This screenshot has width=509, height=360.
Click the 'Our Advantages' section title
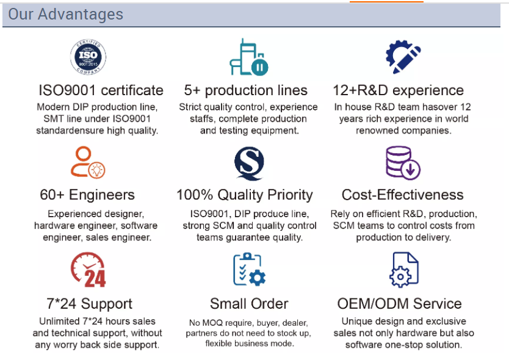[x=65, y=14]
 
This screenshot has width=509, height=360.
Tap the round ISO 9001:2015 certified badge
[x=88, y=57]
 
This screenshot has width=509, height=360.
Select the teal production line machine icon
[x=249, y=57]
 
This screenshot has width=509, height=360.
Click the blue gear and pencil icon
[x=403, y=57]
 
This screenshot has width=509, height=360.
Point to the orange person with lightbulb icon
[x=88, y=162]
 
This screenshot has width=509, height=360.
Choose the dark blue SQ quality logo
[x=249, y=164]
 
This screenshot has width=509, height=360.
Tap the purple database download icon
[x=403, y=163]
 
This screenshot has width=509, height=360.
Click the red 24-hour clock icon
[x=88, y=270]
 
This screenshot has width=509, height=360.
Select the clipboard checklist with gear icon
[x=249, y=270]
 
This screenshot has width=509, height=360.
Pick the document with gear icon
[x=404, y=270]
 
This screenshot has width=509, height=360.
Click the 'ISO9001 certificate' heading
[x=101, y=90]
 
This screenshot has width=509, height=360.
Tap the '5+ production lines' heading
[x=246, y=90]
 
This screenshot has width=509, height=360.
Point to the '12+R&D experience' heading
[x=399, y=90]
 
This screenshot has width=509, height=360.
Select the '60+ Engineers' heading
[x=87, y=195]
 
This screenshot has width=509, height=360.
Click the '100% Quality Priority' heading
[x=245, y=195]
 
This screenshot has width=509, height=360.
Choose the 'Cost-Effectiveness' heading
[x=403, y=195]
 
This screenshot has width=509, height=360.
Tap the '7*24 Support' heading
[x=90, y=304]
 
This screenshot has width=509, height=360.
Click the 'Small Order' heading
[x=249, y=304]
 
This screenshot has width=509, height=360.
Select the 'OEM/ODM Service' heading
[x=400, y=304]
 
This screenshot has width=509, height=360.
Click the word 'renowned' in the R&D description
[x=376, y=131]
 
